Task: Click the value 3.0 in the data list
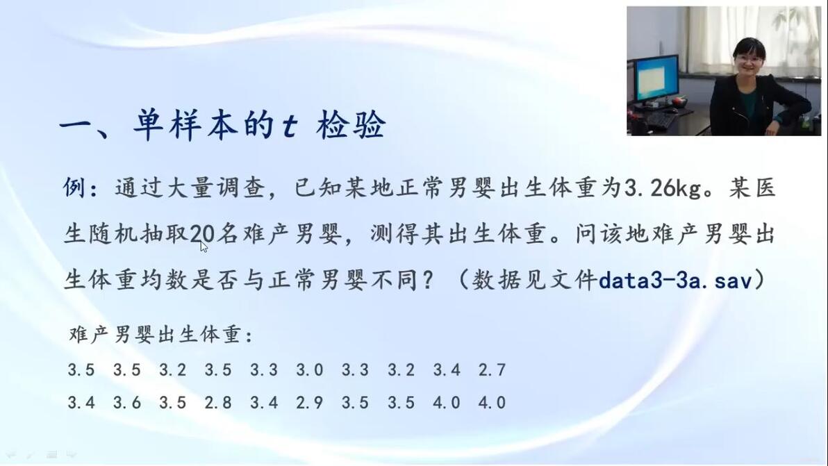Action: tap(309, 369)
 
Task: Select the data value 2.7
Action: tap(492, 369)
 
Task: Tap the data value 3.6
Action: tap(126, 403)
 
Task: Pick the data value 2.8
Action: tap(218, 403)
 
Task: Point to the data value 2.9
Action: tap(309, 403)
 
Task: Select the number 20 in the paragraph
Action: tap(202, 233)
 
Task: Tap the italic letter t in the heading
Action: tap(290, 126)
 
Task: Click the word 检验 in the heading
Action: tap(351, 125)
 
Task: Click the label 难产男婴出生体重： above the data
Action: tap(161, 335)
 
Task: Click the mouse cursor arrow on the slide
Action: tap(204, 247)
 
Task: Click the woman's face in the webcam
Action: tap(749, 60)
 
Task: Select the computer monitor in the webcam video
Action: tap(656, 79)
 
